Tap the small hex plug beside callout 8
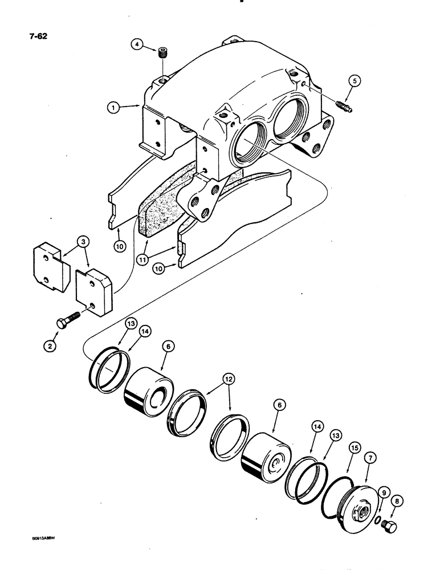tap(392, 525)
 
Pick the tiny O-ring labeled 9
tap(378, 519)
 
